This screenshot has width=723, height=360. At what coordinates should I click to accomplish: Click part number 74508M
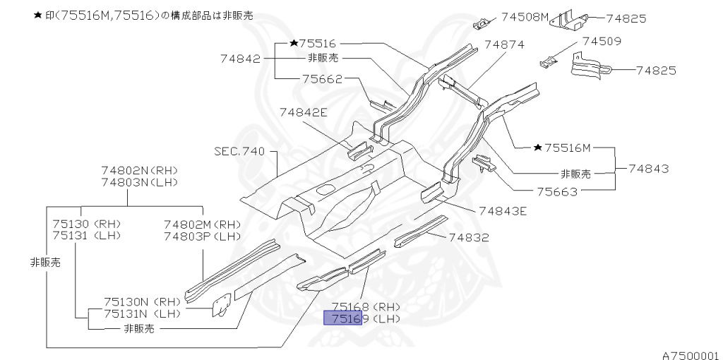[525, 16]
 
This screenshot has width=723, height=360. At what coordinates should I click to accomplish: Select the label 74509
[600, 42]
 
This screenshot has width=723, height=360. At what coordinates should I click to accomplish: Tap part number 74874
[506, 44]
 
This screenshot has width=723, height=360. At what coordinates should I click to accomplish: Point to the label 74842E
[304, 112]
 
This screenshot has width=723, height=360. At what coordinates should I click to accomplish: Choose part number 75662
[321, 80]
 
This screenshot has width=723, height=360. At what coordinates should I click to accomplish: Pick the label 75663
[556, 191]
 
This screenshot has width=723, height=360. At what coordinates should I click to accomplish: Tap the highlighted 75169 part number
[342, 319]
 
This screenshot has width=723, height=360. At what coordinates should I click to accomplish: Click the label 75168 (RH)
[366, 307]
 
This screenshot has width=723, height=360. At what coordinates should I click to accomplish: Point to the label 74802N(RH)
[140, 171]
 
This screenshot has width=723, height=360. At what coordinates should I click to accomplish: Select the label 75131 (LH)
[87, 235]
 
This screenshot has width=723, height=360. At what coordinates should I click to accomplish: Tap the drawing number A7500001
[690, 355]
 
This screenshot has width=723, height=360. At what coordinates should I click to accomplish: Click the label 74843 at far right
[649, 169]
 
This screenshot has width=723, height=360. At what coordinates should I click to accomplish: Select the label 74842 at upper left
[240, 59]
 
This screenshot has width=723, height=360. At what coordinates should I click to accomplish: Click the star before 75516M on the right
[538, 148]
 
